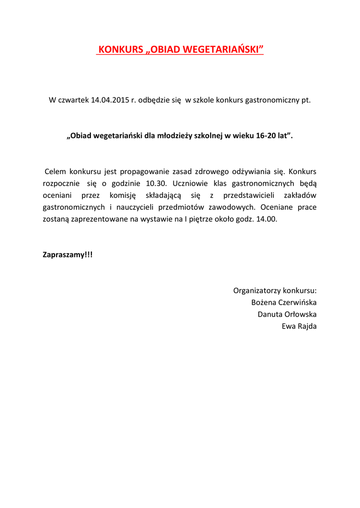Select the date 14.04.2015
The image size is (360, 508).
[110, 100]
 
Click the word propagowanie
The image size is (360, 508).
[144, 172]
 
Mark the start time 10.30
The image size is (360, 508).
[156, 184]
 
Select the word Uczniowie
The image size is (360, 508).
[194, 184]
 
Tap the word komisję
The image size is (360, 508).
[123, 195]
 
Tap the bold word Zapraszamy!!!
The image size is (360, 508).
[68, 255]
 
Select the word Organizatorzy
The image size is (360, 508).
[254, 291]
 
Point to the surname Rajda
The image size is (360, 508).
[307, 326]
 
